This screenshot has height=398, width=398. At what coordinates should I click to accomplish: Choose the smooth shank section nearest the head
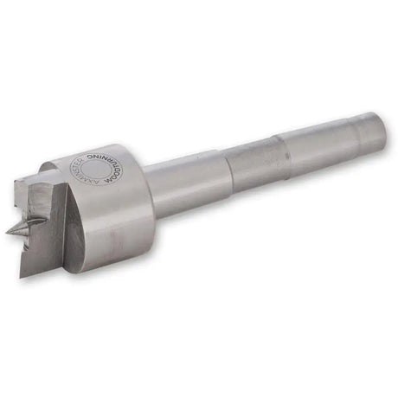[x=182, y=182]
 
